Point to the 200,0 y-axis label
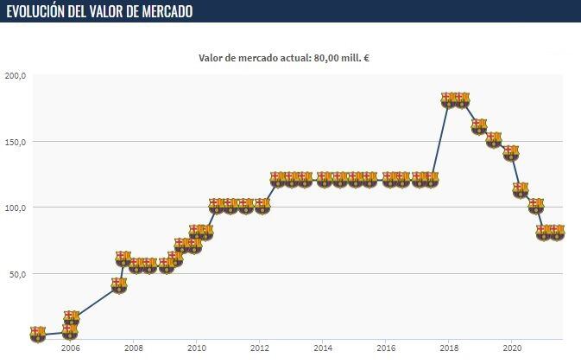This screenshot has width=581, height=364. pos(16,75)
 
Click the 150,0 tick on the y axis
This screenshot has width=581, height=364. pos(16,142)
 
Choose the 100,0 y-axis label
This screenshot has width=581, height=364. pos(16,208)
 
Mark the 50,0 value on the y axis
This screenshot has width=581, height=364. pos(17,274)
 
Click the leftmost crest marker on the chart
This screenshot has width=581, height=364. pos(37,334)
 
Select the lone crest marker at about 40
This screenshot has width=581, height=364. pos(119,284)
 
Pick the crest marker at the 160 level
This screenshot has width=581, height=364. pos(479,126)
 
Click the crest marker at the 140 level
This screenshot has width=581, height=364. pos(511,152)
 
